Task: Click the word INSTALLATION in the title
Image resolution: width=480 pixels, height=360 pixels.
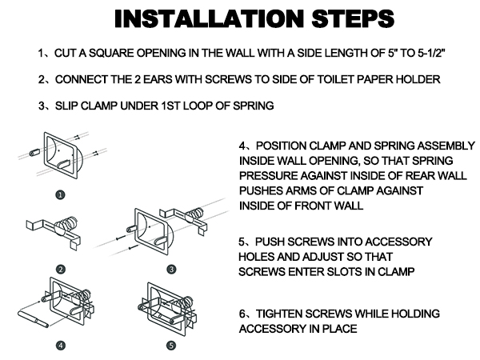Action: pyautogui.click(x=210, y=18)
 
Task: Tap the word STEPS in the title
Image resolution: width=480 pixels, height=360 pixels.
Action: pyautogui.click(x=353, y=18)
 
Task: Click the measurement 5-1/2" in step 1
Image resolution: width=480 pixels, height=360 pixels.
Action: pyautogui.click(x=431, y=54)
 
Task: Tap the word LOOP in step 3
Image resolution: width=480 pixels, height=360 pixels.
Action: pyautogui.click(x=198, y=106)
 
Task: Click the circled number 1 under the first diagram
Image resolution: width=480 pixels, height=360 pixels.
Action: pyautogui.click(x=60, y=194)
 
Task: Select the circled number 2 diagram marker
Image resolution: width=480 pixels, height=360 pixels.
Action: pyautogui.click(x=61, y=270)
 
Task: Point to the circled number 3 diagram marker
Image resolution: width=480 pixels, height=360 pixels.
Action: pyautogui.click(x=171, y=270)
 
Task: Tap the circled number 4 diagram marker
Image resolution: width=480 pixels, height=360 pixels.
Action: pyautogui.click(x=61, y=346)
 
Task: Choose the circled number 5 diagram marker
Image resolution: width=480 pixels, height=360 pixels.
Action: pyautogui.click(x=171, y=346)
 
